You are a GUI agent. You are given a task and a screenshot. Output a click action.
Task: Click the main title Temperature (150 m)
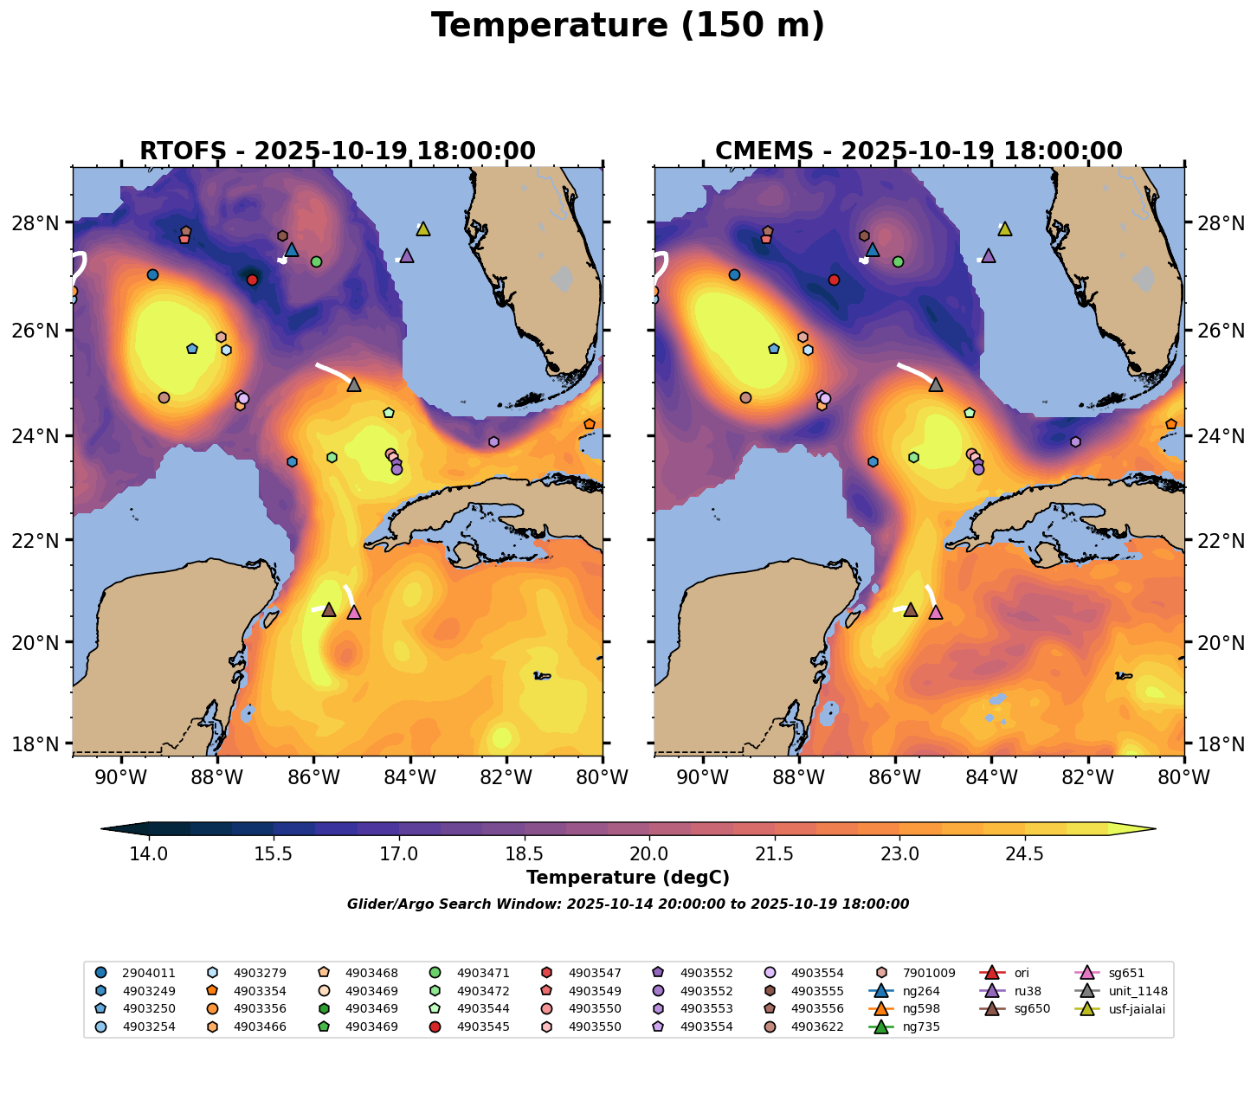pyautogui.click(x=628, y=26)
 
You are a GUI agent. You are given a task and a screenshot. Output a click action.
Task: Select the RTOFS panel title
pyautogui.click(x=338, y=151)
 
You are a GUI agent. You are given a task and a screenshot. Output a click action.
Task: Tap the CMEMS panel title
pyautogui.click(x=919, y=151)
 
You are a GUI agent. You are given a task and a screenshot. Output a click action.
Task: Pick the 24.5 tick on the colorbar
pyautogui.click(x=1025, y=854)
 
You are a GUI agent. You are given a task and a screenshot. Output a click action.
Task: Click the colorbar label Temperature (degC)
pyautogui.click(x=628, y=878)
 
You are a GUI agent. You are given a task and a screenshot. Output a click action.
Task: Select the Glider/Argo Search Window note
pyautogui.click(x=628, y=904)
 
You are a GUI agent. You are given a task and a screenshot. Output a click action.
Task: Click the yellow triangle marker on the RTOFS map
pyautogui.click(x=422, y=228)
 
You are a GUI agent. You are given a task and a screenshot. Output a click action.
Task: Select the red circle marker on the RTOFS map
pyautogui.click(x=252, y=280)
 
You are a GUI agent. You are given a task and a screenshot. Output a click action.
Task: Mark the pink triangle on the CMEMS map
pyautogui.click(x=935, y=612)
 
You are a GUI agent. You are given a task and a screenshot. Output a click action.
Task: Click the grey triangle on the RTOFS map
pyautogui.click(x=353, y=384)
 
